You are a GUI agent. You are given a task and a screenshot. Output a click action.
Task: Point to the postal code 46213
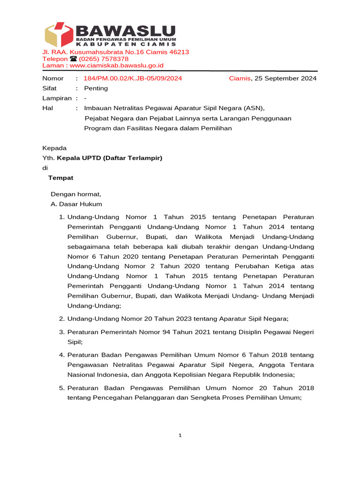tap(179, 52)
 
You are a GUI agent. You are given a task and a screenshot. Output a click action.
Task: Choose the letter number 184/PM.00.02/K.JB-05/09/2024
tap(133, 78)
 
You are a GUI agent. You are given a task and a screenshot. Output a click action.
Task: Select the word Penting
tap(96, 88)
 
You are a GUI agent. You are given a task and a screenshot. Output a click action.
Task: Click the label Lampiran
tap(57, 98)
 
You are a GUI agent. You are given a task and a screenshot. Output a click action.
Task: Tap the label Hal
tap(48, 108)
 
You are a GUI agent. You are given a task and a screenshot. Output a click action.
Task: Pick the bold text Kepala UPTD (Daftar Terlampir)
tap(109, 158)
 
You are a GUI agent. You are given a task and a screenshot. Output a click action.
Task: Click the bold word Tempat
tap(60, 178)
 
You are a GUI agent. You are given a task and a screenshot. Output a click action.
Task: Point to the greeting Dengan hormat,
tap(75, 194)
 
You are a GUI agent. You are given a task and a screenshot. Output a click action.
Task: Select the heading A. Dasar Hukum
tap(76, 204)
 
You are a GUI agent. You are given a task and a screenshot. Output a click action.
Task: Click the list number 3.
tap(61, 332)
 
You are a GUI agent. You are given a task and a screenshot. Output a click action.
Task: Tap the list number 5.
tap(61, 388)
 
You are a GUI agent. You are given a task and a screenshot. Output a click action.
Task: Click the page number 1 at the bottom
tap(180, 435)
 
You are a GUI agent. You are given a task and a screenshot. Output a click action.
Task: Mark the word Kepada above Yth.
tap(54, 148)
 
